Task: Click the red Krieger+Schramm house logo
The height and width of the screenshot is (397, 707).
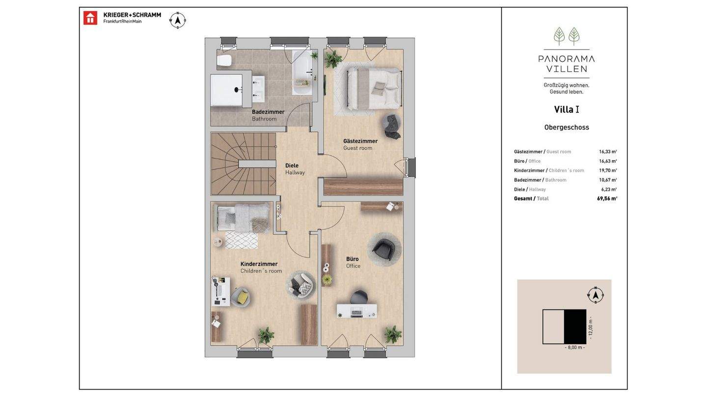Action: click(90, 18)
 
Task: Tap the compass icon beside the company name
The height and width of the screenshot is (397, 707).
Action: click(178, 21)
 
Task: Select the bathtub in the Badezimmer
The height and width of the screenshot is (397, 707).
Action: click(302, 73)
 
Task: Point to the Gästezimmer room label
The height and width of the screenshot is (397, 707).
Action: click(360, 141)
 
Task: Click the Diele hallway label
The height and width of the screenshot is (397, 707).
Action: click(292, 166)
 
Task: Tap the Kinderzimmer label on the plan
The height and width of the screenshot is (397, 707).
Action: click(259, 264)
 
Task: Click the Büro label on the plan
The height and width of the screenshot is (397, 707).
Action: click(352, 259)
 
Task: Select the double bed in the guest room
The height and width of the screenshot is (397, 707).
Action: click(375, 89)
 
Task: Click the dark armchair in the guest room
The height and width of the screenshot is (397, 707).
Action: click(392, 126)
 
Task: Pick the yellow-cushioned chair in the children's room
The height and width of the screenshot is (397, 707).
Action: click(241, 297)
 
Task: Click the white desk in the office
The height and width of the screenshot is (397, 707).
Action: click(356, 311)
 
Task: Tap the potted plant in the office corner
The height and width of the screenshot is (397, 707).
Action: click(393, 334)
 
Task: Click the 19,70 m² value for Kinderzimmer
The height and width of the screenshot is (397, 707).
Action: click(608, 171)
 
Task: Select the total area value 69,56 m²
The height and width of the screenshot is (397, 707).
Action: click(607, 198)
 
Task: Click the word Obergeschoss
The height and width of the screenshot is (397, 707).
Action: click(567, 127)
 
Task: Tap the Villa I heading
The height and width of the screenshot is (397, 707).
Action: click(567, 109)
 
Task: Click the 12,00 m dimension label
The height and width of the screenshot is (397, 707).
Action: click(591, 328)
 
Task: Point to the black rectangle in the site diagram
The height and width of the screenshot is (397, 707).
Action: click(575, 326)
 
